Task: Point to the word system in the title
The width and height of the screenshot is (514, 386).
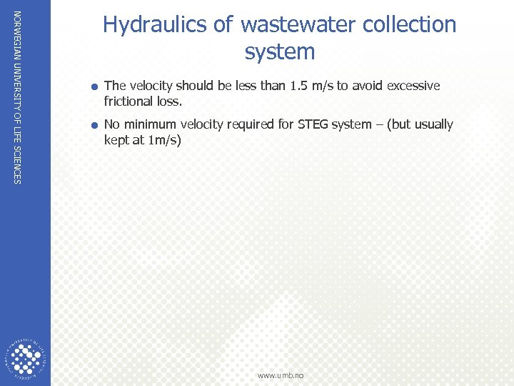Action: (280, 52)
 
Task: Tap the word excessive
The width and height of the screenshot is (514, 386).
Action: (413, 86)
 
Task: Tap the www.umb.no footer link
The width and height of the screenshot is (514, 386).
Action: (281, 375)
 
